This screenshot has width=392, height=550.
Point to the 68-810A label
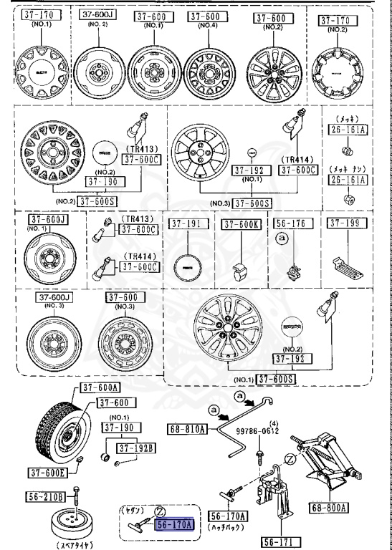188,429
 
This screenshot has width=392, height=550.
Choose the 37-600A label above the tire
98,387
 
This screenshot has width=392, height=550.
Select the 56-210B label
47,496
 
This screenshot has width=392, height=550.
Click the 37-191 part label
187,223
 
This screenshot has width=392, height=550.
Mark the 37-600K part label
239,224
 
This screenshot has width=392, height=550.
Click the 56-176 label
291,223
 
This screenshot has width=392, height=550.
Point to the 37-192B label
137,448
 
